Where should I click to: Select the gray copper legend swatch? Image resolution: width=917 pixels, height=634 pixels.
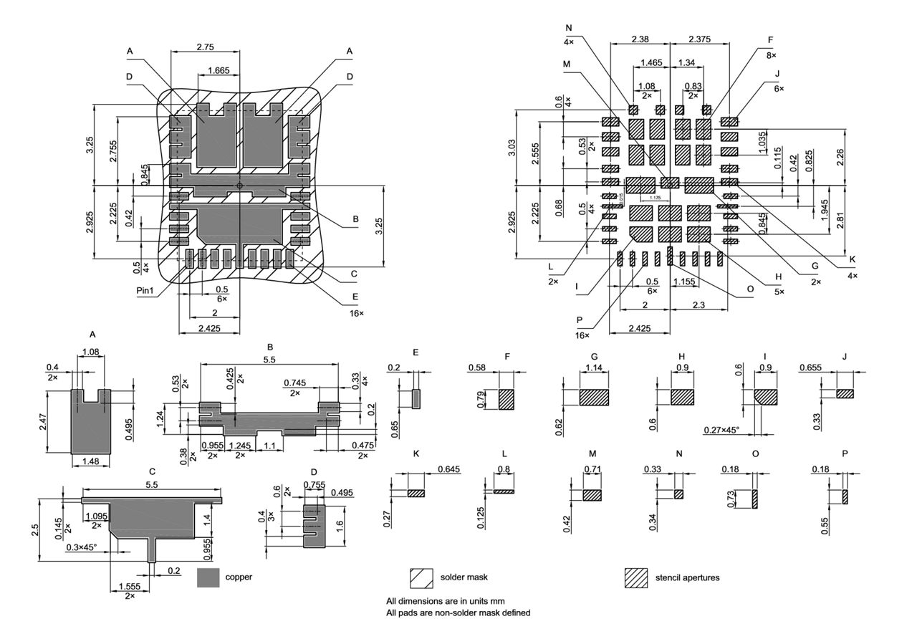coord(208,577)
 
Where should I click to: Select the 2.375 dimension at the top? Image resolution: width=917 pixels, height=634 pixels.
coord(700,39)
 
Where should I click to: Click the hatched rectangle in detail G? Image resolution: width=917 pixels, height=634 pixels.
coord(594,398)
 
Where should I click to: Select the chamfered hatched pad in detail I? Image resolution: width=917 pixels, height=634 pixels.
coord(765,398)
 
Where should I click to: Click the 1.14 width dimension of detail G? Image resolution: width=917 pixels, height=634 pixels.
coord(593,368)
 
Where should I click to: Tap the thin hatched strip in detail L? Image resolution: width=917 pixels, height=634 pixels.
coord(504,491)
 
